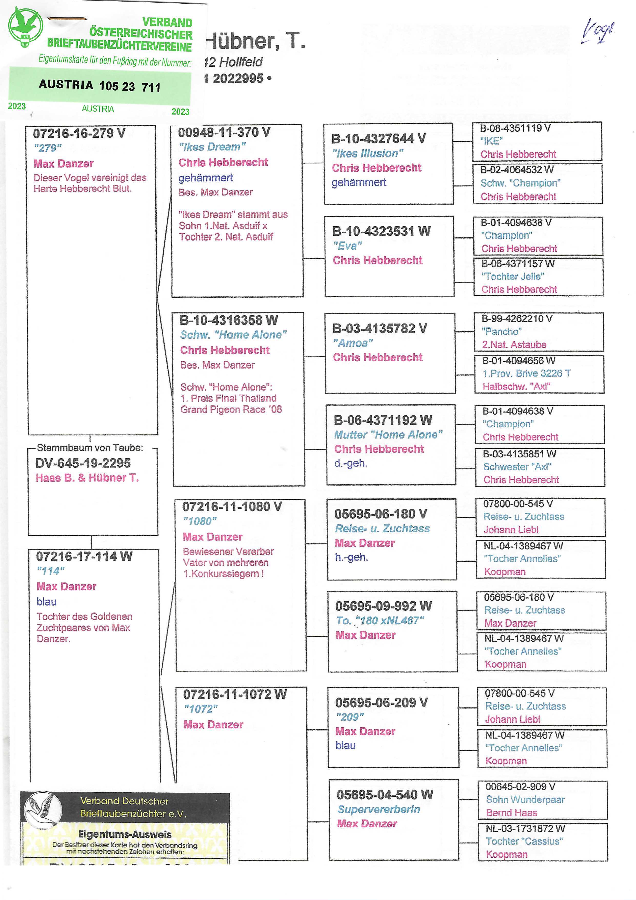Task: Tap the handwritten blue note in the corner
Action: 597,31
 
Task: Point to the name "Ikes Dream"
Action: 212,147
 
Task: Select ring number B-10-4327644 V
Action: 378,138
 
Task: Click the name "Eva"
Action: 347,246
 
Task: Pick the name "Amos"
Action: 353,343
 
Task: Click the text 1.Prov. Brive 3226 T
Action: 526,373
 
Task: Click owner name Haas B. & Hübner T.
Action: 87,478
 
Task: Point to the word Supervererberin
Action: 379,809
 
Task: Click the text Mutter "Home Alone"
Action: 388,435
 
